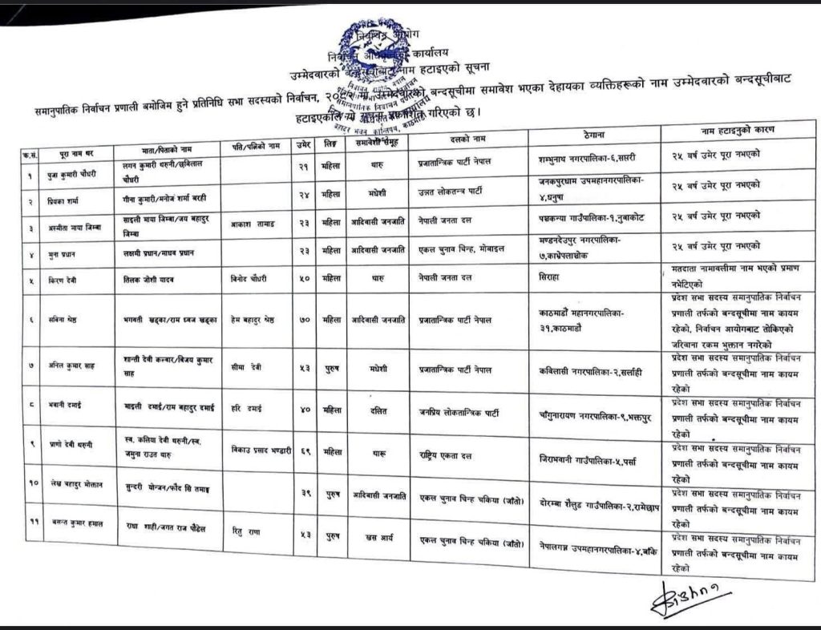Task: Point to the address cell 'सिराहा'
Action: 559,274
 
